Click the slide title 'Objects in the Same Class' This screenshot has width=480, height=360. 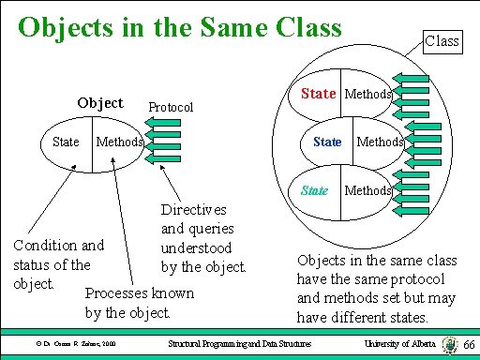[x=179, y=27]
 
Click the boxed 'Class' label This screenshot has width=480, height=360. [x=441, y=40]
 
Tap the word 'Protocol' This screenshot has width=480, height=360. [x=170, y=108]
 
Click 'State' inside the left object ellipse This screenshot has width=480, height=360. [x=66, y=142]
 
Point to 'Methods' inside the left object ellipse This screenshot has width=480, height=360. [x=119, y=142]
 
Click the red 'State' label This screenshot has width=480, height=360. [x=318, y=94]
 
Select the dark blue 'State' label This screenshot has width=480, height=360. [x=327, y=142]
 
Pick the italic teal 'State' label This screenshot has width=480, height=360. [x=315, y=190]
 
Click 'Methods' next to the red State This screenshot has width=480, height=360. [x=368, y=94]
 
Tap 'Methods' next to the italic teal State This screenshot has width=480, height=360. [x=367, y=190]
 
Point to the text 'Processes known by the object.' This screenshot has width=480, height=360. [x=140, y=303]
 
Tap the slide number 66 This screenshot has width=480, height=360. [x=469, y=346]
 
